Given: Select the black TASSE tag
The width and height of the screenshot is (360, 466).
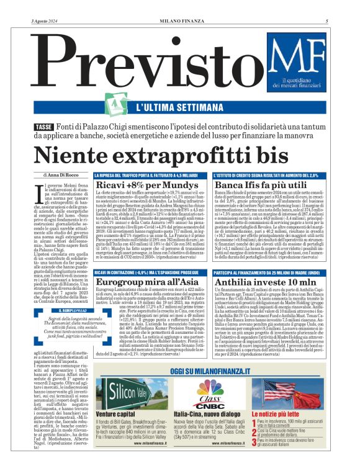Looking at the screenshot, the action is (x=44, y=127).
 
